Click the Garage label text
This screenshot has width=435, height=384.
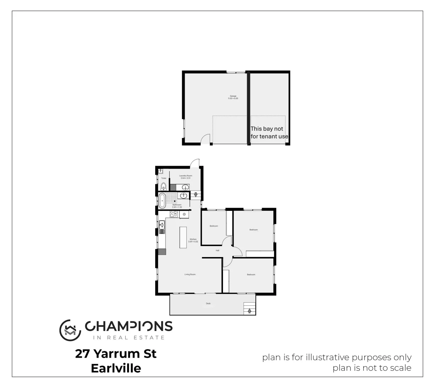[x=233, y=96]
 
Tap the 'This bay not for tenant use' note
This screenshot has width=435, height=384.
[x=269, y=133]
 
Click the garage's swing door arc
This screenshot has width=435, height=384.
[x=205, y=139]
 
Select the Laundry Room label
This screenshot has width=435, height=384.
[x=186, y=176]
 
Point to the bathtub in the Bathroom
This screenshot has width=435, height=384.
[x=162, y=201]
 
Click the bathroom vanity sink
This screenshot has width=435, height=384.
[x=184, y=196]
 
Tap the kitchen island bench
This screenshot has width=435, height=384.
[x=183, y=238]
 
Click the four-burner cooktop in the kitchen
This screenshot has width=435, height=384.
[x=174, y=214]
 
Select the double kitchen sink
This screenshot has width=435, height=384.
[x=162, y=226]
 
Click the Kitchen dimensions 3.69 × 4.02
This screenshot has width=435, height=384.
[x=193, y=242]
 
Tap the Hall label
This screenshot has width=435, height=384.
[x=217, y=250]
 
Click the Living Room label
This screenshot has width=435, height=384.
[x=190, y=274]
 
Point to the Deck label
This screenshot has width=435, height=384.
[x=208, y=303]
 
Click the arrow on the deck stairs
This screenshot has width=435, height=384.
[x=249, y=311]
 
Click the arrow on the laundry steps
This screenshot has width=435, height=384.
[x=195, y=195]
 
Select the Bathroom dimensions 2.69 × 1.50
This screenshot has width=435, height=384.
[x=177, y=207]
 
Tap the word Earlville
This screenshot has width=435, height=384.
[x=116, y=368]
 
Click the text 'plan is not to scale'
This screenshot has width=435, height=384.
[x=372, y=368]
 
